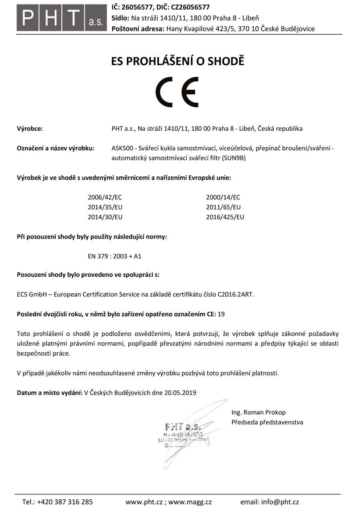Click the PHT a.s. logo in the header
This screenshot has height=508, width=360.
click(x=62, y=18)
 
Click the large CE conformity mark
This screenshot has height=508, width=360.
click(x=177, y=92)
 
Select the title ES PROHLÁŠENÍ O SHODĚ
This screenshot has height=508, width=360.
click(x=177, y=62)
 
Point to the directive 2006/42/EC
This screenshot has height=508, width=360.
click(x=105, y=197)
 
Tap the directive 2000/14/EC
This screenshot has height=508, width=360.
click(x=223, y=197)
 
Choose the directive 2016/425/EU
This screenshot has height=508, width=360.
click(x=225, y=217)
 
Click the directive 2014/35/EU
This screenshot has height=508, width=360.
click(x=105, y=207)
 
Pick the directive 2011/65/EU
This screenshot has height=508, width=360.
click(x=223, y=207)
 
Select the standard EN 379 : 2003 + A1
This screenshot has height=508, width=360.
click(x=114, y=256)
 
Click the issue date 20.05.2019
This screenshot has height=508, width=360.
click(x=180, y=393)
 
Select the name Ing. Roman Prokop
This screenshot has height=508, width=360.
click(x=258, y=412)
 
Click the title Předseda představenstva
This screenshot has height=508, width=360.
click(x=267, y=422)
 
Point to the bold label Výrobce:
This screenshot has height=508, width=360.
click(x=30, y=129)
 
